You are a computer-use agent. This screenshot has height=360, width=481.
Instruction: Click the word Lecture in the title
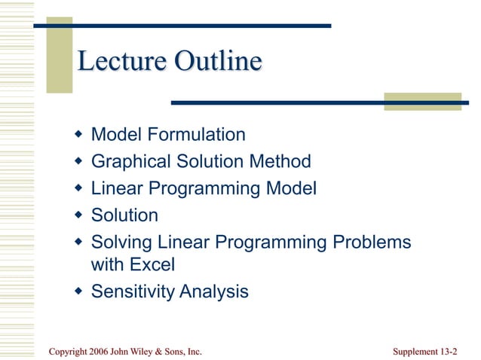(x=123, y=61)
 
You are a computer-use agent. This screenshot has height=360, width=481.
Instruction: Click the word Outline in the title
(x=219, y=61)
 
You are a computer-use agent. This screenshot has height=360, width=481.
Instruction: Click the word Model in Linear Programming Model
(x=290, y=188)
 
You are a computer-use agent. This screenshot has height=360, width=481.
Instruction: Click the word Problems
(x=370, y=243)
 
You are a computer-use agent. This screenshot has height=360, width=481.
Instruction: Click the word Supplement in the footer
(x=415, y=351)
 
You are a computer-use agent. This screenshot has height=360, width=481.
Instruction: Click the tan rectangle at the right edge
(x=422, y=102)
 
